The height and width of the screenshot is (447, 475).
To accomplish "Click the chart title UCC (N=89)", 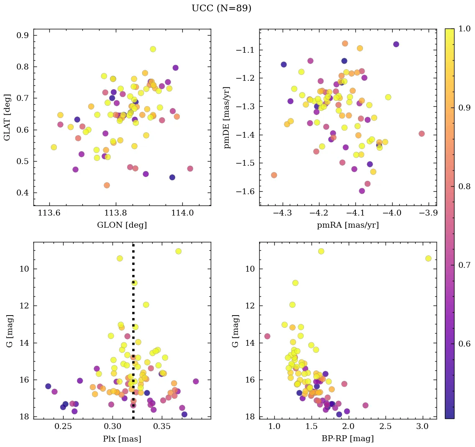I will [x=221, y=8].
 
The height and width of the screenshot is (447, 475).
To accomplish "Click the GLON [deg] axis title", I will [x=122, y=225].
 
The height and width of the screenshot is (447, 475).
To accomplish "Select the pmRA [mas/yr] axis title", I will [x=347, y=225].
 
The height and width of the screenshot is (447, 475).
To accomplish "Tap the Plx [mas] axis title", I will [x=122, y=439].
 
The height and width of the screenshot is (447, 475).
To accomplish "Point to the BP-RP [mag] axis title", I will [x=347, y=439].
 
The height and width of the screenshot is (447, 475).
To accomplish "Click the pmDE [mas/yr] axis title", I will [x=227, y=118].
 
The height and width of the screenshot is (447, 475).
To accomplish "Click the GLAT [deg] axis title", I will [x=7, y=118].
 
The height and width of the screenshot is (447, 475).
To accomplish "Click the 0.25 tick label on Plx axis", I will [x=64, y=427].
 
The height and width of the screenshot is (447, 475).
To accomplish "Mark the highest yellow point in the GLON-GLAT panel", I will [x=153, y=49].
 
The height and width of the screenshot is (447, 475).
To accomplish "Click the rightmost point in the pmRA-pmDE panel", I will [x=421, y=134].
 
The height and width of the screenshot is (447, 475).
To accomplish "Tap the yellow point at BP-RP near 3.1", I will [x=428, y=258].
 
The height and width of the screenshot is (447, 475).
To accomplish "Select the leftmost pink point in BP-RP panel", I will [x=267, y=336].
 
